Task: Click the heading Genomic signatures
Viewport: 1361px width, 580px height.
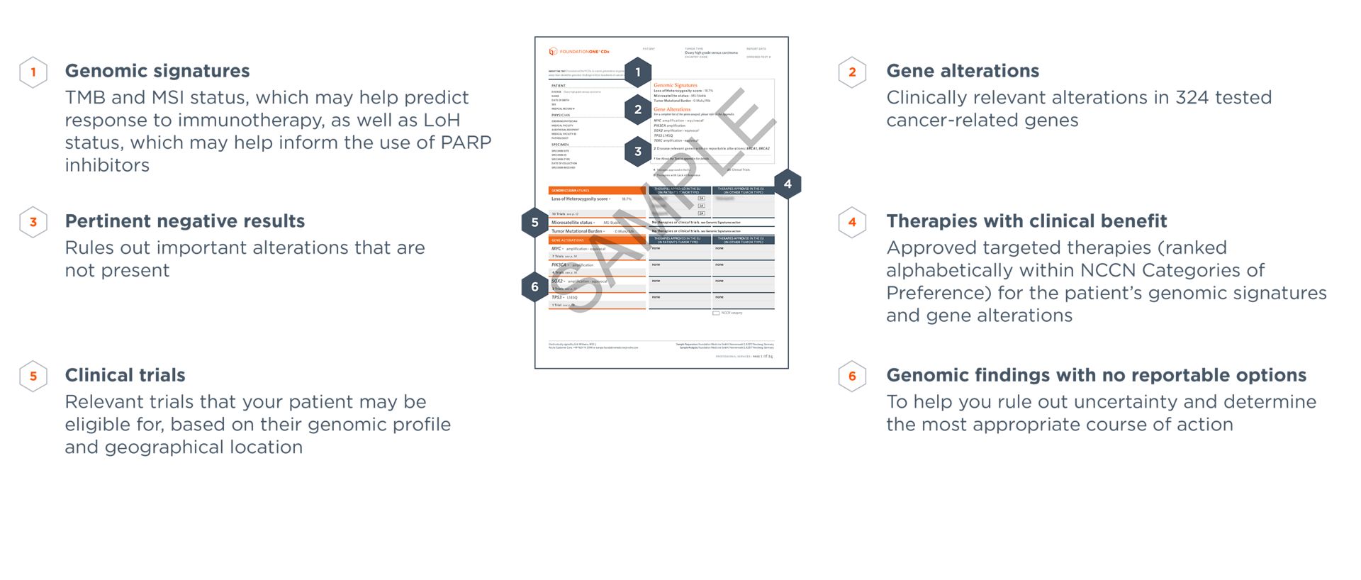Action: point(157,71)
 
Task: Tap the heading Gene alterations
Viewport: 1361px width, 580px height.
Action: point(962,71)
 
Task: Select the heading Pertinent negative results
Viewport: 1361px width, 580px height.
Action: point(184,221)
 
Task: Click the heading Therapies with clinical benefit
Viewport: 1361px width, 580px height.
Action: point(1026,221)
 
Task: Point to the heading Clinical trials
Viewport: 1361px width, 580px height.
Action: point(125,375)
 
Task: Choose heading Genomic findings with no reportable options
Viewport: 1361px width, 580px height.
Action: point(1096,375)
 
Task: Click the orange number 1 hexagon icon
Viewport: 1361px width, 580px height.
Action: point(33,72)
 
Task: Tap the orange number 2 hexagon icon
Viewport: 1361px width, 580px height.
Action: point(852,72)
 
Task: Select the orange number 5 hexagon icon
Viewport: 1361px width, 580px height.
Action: point(33,377)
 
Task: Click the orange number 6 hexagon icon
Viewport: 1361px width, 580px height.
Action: point(852,377)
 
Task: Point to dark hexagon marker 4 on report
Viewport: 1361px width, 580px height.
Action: point(788,184)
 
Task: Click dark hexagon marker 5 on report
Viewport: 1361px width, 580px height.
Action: point(534,223)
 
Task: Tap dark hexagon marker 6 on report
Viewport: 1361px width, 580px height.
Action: point(534,286)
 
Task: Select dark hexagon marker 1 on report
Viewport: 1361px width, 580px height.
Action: point(638,72)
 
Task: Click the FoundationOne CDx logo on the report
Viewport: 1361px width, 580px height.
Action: point(579,52)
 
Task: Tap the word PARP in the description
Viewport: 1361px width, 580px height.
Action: point(466,143)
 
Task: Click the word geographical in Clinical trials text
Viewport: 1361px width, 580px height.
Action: point(183,447)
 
